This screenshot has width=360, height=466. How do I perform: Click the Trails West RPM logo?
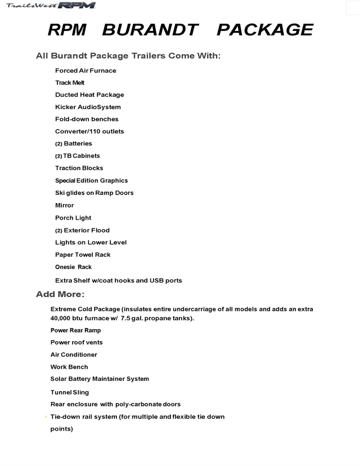51,6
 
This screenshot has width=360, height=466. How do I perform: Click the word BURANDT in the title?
151,30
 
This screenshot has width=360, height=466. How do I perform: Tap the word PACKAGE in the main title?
264,30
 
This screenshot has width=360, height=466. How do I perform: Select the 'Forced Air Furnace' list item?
85,70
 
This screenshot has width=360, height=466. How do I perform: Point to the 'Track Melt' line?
70,83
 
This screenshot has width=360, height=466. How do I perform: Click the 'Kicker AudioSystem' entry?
88,107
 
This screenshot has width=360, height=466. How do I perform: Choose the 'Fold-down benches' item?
87,119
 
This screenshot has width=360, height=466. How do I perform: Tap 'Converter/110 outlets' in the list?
89,132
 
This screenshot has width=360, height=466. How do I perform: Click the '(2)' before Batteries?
58,144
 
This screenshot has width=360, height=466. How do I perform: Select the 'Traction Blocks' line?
79,168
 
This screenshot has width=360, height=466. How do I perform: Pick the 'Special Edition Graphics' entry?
91,181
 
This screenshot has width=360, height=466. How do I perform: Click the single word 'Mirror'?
64,205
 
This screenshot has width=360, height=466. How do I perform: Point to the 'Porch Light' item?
73,218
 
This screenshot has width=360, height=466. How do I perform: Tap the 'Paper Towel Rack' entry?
83,255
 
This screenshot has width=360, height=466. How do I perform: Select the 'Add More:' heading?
60,294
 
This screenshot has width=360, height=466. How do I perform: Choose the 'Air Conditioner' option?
74,355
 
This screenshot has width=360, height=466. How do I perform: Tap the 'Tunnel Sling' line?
70,392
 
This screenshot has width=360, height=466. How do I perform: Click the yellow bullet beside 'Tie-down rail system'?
46,417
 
